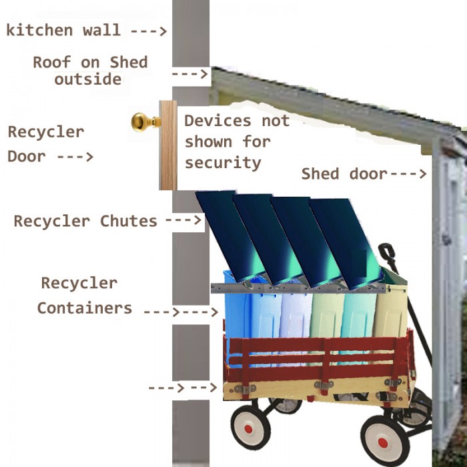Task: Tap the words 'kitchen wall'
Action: pos(63,31)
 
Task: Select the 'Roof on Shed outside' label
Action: pos(90,71)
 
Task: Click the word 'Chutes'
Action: pos(128,221)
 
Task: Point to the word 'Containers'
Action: pos(85,308)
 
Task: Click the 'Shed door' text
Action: pos(344,173)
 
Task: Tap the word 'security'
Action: pos(223,163)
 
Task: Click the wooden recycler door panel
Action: pos(168,145)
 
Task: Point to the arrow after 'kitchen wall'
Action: pos(149,31)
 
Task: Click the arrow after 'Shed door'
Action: pos(408,173)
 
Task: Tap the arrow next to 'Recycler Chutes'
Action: pos(183,220)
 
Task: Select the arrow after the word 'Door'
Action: pos(75,157)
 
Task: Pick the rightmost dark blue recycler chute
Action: pos(346,243)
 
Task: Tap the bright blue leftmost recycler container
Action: pos(238,316)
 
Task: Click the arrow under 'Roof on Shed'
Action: pos(189,74)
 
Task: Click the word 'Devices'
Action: pos(217,121)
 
